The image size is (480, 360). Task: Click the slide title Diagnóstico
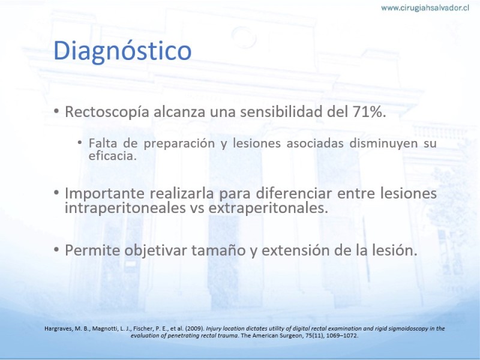pyautogui.click(x=122, y=50)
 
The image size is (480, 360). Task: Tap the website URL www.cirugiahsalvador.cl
pyautogui.click(x=425, y=8)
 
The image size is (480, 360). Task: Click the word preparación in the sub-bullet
pyautogui.click(x=179, y=143)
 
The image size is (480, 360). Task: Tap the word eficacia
pyautogui.click(x=112, y=156)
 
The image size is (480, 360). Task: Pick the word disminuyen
pyautogui.click(x=383, y=143)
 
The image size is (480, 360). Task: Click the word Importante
pyautogui.click(x=104, y=193)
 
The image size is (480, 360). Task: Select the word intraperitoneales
pyautogui.click(x=125, y=208)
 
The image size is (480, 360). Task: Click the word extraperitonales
pyautogui.click(x=268, y=208)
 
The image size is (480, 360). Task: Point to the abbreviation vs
pyautogui.click(x=197, y=209)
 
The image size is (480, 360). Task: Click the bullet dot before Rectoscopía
pyautogui.click(x=56, y=111)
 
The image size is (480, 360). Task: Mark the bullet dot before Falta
pyautogui.click(x=80, y=142)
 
